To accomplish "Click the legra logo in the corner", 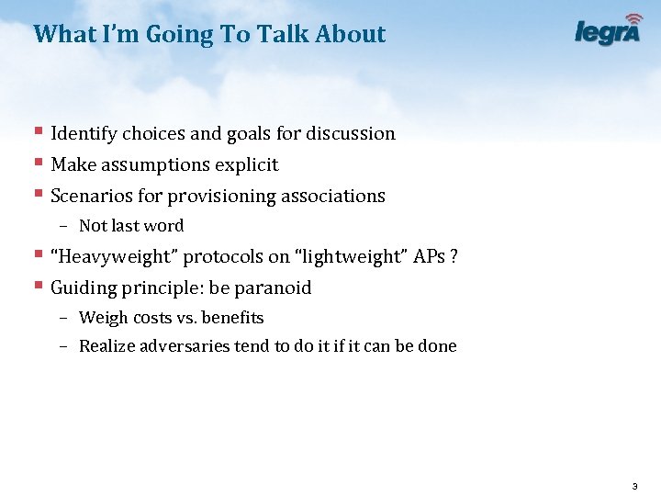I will [x=608, y=30].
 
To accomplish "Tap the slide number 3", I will [x=634, y=485].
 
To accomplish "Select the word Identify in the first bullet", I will [x=84, y=134].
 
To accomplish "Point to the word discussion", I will [x=350, y=134].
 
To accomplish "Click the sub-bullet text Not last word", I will [x=131, y=226].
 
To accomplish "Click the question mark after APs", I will [x=454, y=257].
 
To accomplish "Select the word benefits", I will [x=232, y=319].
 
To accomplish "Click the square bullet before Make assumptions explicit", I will [x=38, y=163].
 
